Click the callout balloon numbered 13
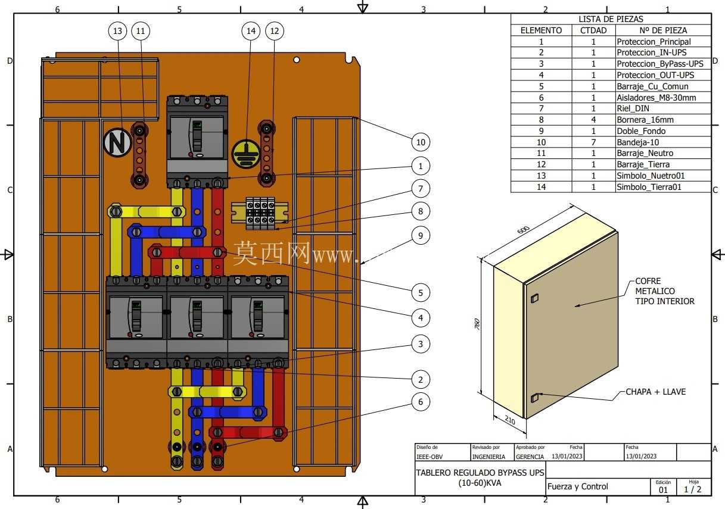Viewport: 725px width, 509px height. tap(117, 31)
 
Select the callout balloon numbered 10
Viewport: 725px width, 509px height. tap(421, 142)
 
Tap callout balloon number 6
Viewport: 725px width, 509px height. tap(421, 402)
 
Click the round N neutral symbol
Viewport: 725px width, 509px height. tap(117, 142)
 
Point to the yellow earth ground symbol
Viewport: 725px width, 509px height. tap(246, 154)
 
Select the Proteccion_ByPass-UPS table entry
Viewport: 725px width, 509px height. tap(659, 64)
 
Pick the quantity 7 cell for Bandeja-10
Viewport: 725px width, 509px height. tap(593, 142)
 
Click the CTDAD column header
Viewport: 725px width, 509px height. tap(593, 30)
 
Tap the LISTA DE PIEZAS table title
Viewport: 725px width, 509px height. tap(611, 19)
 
